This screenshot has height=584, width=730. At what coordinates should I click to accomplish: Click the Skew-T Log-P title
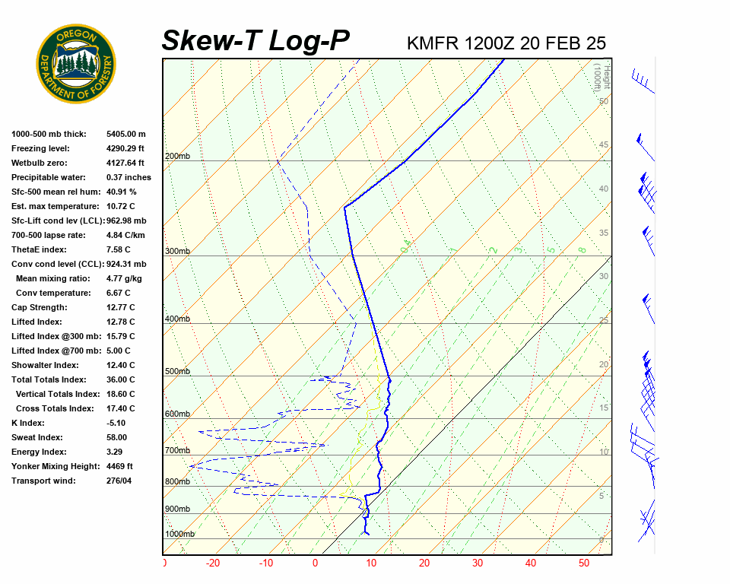click(x=255, y=40)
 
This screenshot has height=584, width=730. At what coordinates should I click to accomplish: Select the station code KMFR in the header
click(x=433, y=43)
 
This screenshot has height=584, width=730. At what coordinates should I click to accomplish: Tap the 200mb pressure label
click(x=177, y=157)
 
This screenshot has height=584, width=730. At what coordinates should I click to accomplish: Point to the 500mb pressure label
click(x=177, y=372)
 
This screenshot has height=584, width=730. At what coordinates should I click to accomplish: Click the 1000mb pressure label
click(x=179, y=534)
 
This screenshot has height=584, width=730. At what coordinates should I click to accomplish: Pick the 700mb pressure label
click(x=177, y=451)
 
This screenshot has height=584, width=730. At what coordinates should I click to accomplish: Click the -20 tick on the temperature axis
click(x=212, y=563)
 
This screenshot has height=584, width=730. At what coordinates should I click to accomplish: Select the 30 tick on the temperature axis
click(x=478, y=563)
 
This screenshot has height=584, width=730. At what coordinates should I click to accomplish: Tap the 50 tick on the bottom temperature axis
click(x=584, y=563)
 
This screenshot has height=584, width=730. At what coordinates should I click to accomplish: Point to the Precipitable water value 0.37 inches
click(x=129, y=177)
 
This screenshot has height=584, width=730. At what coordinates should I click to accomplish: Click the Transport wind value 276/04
click(x=121, y=481)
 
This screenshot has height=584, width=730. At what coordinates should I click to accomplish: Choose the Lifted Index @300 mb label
click(x=56, y=336)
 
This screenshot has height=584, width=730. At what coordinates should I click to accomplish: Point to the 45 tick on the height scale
click(x=604, y=145)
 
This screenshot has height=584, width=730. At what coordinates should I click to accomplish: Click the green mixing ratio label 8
click(x=582, y=249)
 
